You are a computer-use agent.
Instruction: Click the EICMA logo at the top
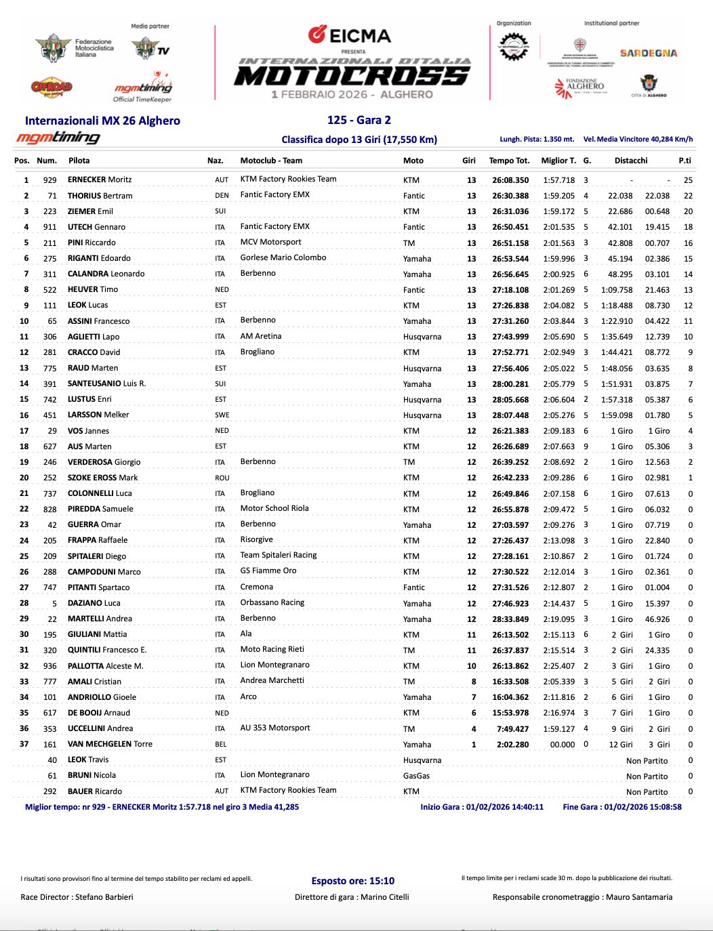[x=349, y=35]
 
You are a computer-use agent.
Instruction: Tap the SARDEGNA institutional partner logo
[x=648, y=53]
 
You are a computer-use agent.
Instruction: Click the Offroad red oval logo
[x=52, y=87]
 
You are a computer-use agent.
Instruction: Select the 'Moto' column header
[x=413, y=161]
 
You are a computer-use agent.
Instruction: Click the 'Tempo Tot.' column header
[x=509, y=161]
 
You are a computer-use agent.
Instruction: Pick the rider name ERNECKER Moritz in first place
[x=100, y=180]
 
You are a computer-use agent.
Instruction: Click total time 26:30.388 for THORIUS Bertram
[x=510, y=196]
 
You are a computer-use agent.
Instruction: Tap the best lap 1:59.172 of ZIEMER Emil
[x=558, y=211]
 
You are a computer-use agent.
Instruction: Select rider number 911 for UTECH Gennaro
[x=49, y=227]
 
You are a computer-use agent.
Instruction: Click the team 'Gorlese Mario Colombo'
[x=283, y=257]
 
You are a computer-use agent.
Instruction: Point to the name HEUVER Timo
[x=93, y=289]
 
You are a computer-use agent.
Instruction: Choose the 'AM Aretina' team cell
[x=261, y=336]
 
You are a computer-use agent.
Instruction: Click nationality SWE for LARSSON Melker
[x=222, y=415]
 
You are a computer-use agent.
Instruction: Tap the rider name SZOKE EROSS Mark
[x=102, y=478]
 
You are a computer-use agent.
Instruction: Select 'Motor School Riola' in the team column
[x=274, y=508]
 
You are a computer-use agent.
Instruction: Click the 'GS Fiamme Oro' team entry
[x=268, y=571]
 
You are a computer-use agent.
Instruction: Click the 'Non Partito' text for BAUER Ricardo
[x=647, y=792]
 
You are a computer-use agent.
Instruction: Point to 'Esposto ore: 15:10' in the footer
[x=352, y=881]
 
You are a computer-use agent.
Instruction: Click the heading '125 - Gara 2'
[x=359, y=120]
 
